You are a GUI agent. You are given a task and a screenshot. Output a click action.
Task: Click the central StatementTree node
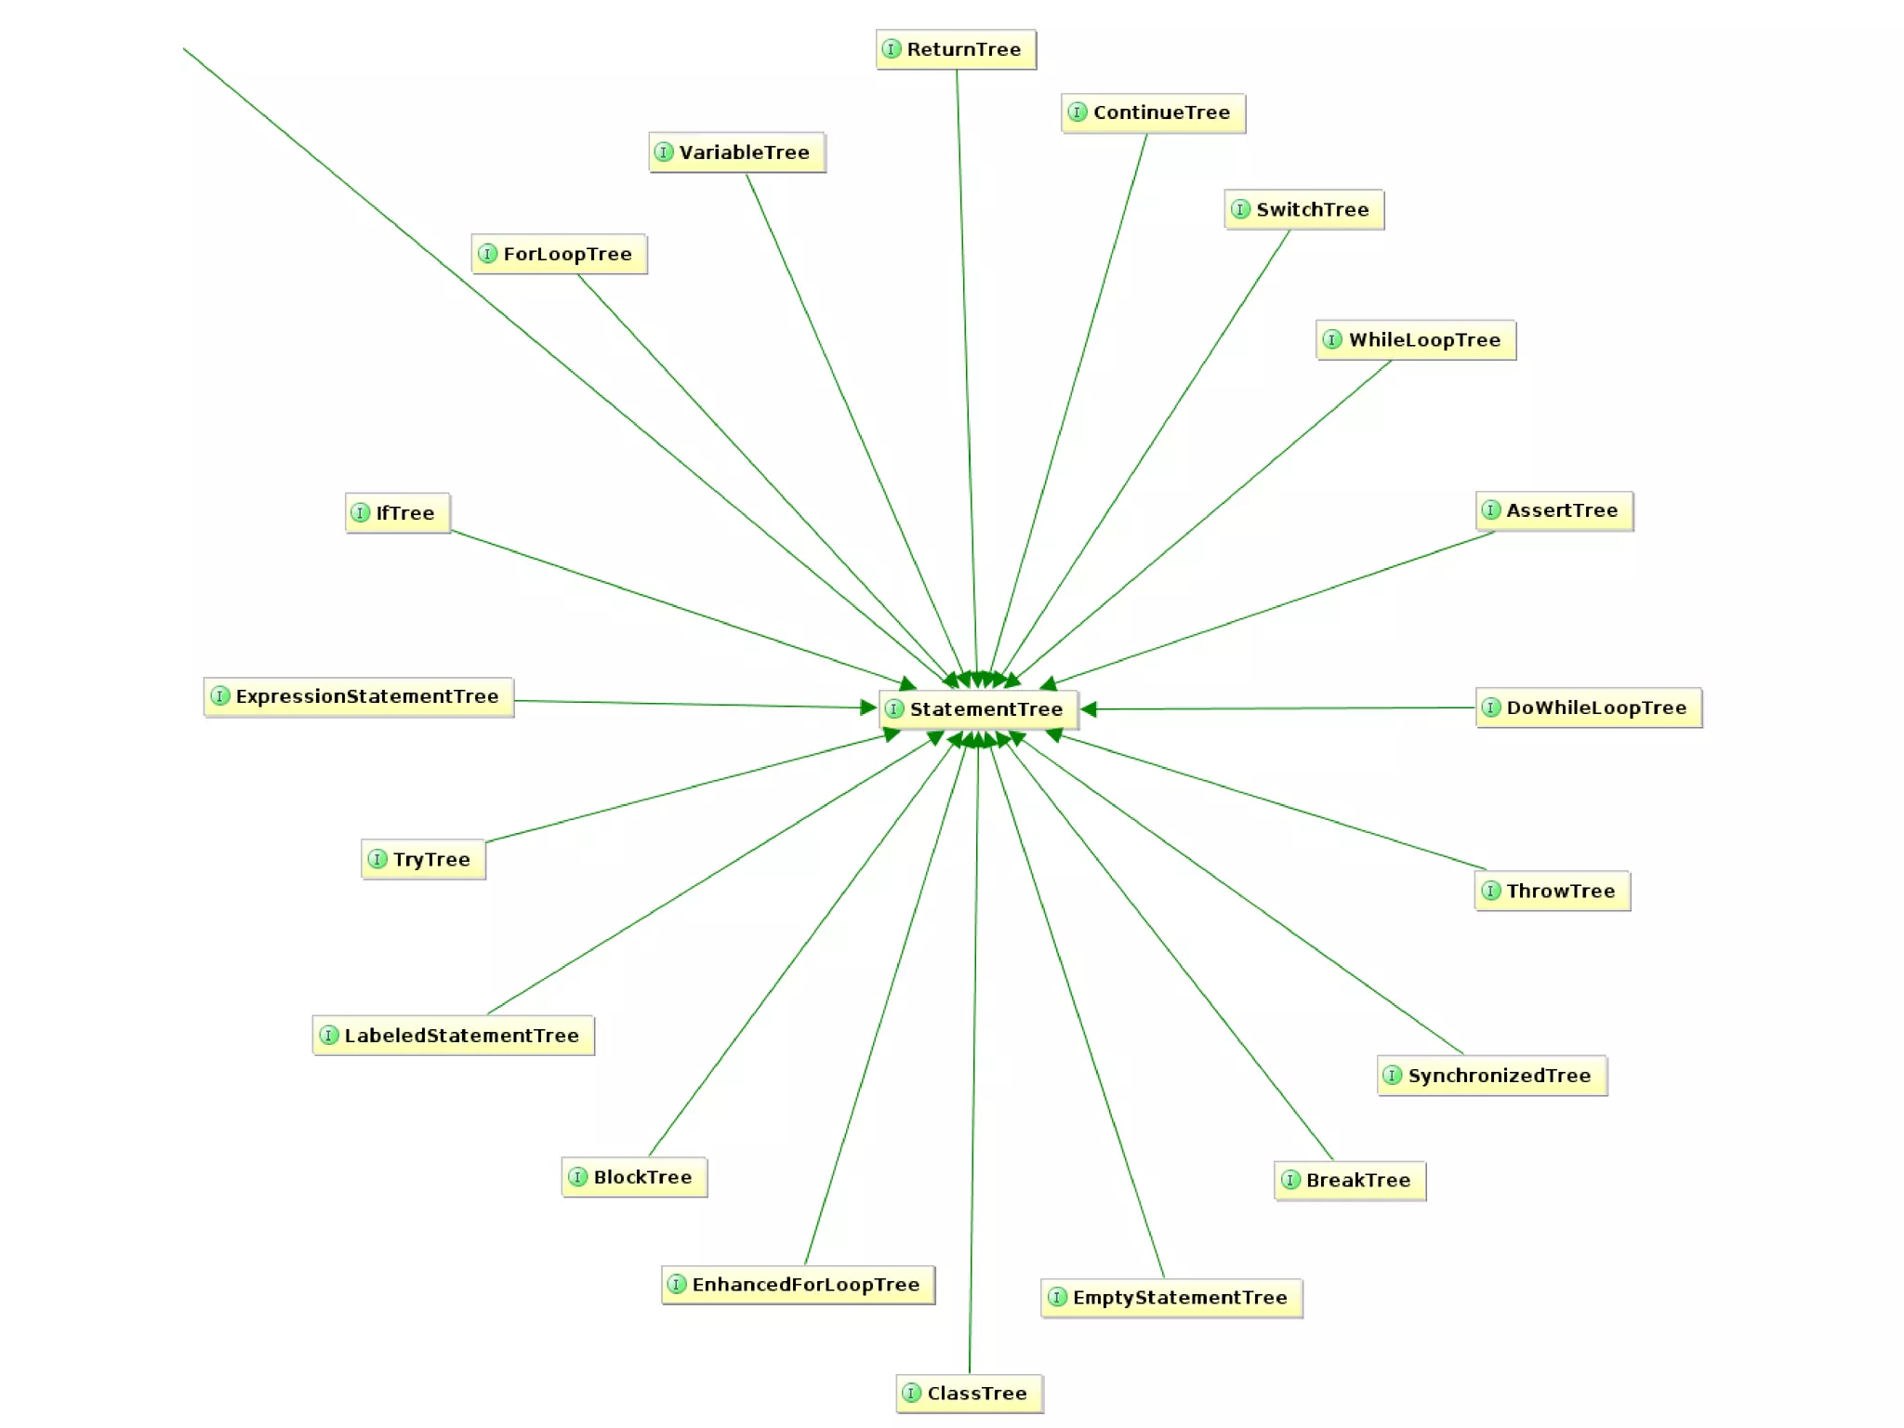(979, 709)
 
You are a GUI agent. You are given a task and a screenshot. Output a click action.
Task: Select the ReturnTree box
(956, 49)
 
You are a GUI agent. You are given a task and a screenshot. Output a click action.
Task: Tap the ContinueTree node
(1153, 112)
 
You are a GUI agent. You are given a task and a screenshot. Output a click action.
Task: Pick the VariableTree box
(736, 152)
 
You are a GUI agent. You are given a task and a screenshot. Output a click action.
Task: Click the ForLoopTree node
(559, 254)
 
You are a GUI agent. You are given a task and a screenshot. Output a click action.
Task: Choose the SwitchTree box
(1303, 209)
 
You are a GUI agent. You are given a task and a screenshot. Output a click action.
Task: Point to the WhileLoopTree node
(1415, 339)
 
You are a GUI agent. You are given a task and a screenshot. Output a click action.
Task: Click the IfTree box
(397, 512)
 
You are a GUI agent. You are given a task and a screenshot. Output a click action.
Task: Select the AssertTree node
(1554, 510)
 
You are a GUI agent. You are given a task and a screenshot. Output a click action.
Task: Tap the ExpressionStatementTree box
(358, 696)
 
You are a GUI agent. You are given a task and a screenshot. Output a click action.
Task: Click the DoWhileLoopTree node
(1588, 707)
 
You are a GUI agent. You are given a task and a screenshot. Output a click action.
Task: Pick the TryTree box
(423, 859)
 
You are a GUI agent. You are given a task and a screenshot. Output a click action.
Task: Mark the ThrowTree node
(1552, 891)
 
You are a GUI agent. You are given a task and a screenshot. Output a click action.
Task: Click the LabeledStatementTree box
(453, 1035)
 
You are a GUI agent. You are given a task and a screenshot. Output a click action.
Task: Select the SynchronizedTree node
(1491, 1076)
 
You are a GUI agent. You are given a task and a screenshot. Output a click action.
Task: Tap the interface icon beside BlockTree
(578, 1177)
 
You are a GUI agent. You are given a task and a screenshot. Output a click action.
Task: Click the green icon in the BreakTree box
(1290, 1180)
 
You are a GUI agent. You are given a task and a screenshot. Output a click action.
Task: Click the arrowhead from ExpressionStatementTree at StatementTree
(868, 707)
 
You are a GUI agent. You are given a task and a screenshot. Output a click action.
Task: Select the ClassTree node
(969, 1393)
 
